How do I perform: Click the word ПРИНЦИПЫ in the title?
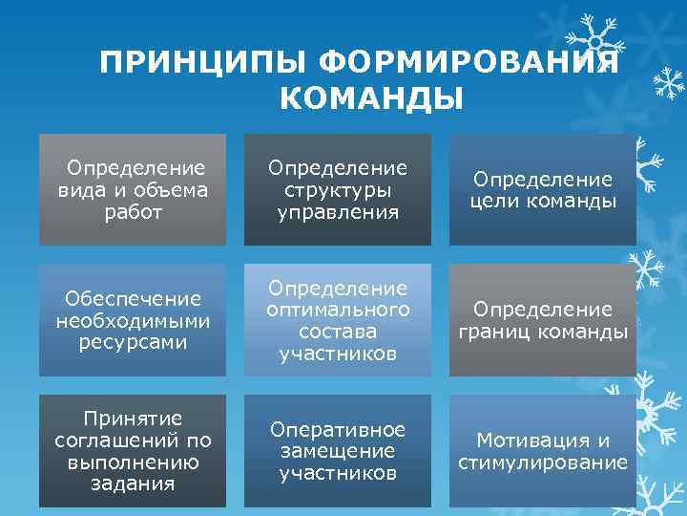203,64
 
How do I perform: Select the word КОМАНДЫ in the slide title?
372,99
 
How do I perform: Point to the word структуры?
337,189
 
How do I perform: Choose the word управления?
337,211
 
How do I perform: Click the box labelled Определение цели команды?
543,189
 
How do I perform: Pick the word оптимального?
337,310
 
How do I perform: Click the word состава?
337,332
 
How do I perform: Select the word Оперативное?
337,429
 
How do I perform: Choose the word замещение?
337,451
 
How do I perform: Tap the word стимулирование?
543,462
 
